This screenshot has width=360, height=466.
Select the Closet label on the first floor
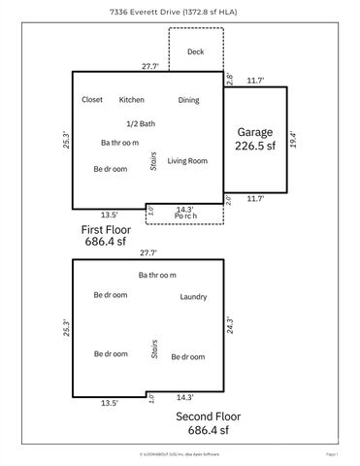click(x=92, y=99)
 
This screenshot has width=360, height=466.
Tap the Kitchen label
click(x=131, y=99)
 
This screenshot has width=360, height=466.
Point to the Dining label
click(x=189, y=99)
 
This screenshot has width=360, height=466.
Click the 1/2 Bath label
click(x=140, y=123)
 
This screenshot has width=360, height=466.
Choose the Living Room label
click(x=188, y=160)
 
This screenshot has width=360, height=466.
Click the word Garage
click(x=255, y=132)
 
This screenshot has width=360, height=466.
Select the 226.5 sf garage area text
click(x=255, y=149)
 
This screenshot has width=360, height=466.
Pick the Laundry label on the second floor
click(x=193, y=296)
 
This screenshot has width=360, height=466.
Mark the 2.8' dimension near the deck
click(x=230, y=79)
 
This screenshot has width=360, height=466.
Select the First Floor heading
click(x=106, y=229)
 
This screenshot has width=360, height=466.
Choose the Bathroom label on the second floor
click(x=156, y=277)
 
